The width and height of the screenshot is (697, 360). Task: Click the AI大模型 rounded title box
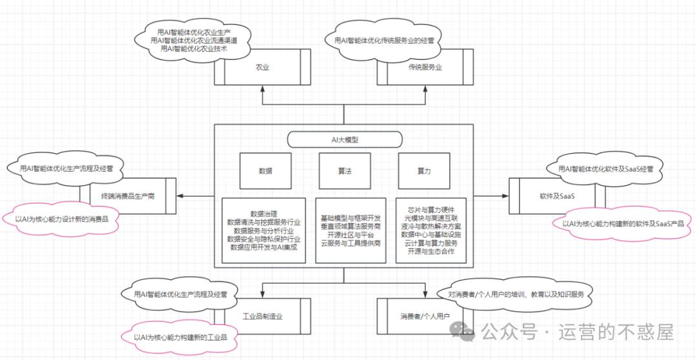(x=345, y=139)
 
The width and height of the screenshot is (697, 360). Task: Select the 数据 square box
(x=265, y=171)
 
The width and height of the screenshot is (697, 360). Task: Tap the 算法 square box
(x=344, y=171)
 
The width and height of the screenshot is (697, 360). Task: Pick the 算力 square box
(x=424, y=171)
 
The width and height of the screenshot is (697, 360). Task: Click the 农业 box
(x=262, y=67)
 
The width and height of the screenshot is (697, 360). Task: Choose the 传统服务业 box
(x=425, y=67)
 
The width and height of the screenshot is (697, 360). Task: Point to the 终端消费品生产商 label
(x=128, y=195)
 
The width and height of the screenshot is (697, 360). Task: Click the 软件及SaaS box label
(x=557, y=195)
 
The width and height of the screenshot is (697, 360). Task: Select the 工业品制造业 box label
(x=263, y=316)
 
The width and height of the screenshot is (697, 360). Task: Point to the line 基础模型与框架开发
(x=350, y=218)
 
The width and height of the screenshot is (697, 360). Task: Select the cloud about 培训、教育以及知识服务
(x=516, y=294)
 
